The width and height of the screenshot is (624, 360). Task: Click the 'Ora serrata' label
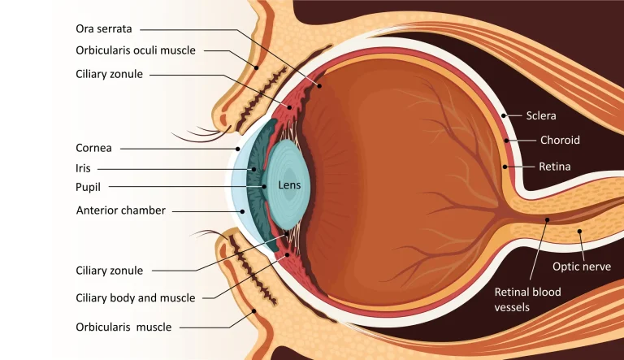click(x=104, y=28)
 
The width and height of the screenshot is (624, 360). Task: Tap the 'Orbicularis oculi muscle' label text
click(x=136, y=50)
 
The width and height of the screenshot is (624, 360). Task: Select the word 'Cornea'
click(x=93, y=148)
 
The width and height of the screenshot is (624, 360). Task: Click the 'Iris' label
click(x=83, y=168)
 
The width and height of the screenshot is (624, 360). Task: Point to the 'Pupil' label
click(x=88, y=187)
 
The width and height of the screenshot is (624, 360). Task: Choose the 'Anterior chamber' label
click(x=120, y=210)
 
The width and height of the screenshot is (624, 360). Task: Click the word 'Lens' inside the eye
click(x=289, y=184)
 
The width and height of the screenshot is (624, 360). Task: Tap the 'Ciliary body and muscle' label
click(x=136, y=298)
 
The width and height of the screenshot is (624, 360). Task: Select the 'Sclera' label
click(x=541, y=115)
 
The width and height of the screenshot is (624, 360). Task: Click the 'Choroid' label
click(x=560, y=140)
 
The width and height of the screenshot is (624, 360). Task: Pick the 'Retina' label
click(x=554, y=167)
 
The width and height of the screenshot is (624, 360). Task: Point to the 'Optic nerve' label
click(x=582, y=267)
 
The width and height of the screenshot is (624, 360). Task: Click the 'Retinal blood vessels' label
click(x=527, y=300)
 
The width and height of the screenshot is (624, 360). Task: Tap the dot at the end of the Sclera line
click(x=504, y=115)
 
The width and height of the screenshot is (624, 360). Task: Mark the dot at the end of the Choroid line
click(x=507, y=141)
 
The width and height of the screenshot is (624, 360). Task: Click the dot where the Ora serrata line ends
click(x=319, y=85)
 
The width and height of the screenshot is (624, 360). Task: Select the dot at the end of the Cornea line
click(x=237, y=149)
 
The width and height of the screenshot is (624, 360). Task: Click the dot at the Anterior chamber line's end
click(x=242, y=211)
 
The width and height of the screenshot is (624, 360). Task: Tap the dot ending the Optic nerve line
click(x=579, y=231)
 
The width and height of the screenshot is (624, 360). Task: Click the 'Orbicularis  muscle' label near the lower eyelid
click(x=123, y=327)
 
